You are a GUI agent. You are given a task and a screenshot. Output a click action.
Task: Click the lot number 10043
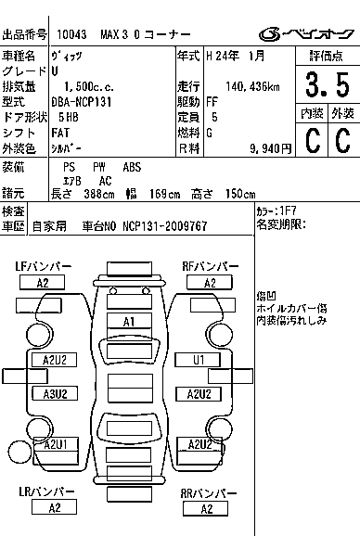pos(71,34)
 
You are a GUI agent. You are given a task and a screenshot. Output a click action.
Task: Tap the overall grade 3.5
pos(328,84)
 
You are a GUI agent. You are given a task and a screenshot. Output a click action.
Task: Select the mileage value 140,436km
pos(252,87)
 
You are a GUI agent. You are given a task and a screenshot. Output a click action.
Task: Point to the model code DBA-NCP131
pos(82,102)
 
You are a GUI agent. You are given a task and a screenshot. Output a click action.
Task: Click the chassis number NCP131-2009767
pos(165,226)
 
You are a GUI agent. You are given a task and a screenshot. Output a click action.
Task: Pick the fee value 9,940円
pos(271,148)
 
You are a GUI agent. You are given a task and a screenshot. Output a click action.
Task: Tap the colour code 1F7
pos(289,211)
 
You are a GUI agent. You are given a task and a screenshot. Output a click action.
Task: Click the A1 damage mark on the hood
pos(129,322)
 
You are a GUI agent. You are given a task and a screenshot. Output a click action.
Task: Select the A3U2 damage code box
pos(55,394)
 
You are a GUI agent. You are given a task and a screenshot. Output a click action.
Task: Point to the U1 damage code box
pos(198,360)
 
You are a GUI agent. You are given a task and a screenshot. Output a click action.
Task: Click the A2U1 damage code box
pos(56,444)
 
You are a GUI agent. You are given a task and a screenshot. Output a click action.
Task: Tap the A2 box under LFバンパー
pos(42,283)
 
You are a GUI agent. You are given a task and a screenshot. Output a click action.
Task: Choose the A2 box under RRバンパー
pos(205,509)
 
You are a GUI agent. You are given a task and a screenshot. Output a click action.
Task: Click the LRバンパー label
pos(46,491)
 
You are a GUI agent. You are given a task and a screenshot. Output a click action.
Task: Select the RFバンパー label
pos(211,266)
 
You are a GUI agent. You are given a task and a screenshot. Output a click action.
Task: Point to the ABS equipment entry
pos(132,167)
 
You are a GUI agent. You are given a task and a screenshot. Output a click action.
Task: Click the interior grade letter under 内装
pos(313,139)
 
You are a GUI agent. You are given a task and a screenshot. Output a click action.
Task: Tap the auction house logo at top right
pos(306,33)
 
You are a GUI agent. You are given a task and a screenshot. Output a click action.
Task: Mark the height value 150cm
pos(240,194)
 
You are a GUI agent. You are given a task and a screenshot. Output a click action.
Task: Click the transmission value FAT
pos(60,133)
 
